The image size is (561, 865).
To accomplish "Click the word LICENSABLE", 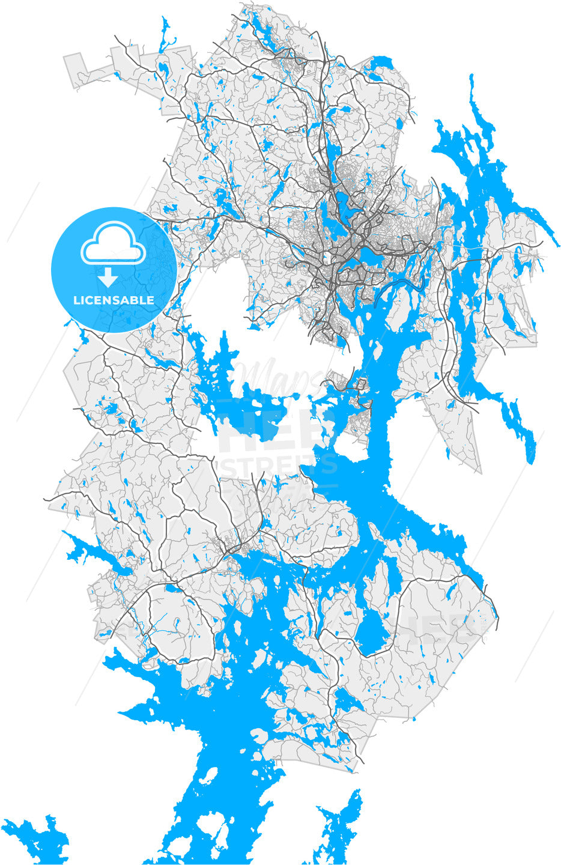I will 114,300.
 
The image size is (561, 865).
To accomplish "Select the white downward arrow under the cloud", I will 108,278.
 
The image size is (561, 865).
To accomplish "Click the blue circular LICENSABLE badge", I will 114,269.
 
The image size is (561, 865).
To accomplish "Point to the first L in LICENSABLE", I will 76,300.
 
